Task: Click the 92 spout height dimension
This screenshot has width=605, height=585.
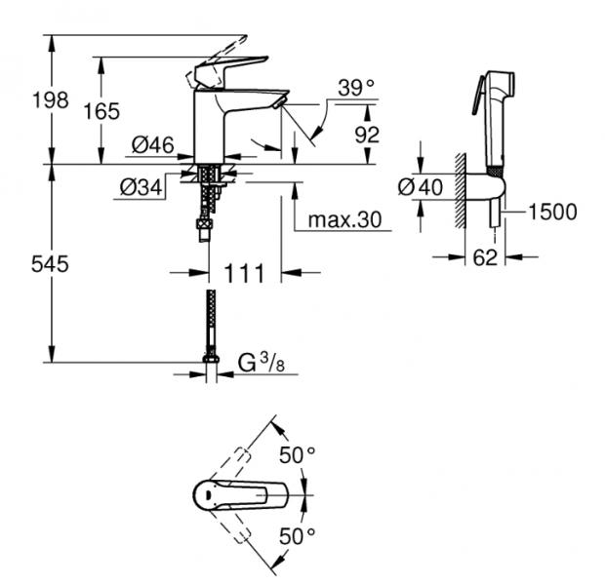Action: (x=366, y=135)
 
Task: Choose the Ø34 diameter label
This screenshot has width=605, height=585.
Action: (x=141, y=186)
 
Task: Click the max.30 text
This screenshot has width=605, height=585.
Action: (x=344, y=219)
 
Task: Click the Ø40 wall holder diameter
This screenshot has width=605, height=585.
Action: (x=423, y=185)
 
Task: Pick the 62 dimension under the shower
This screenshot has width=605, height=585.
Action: (x=484, y=258)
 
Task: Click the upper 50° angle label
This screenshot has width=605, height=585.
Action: (x=298, y=455)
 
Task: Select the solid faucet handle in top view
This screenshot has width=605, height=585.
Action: (x=239, y=494)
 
